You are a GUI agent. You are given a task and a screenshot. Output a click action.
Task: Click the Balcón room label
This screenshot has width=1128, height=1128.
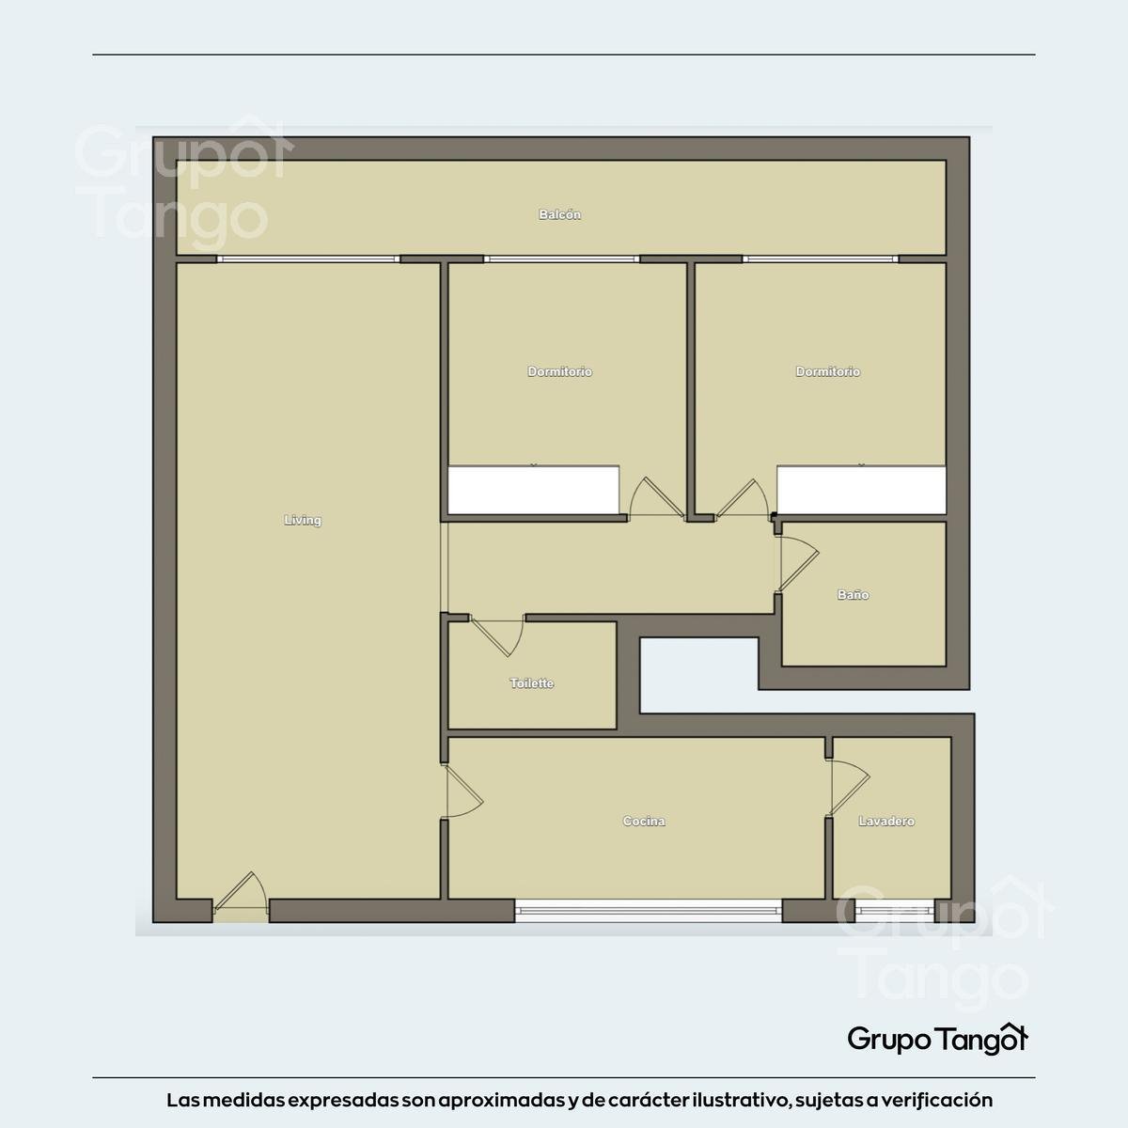[x=559, y=215]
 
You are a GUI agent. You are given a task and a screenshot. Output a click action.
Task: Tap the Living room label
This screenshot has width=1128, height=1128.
[x=303, y=520]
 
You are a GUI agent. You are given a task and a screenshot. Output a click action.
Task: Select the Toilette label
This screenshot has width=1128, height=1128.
[x=531, y=683]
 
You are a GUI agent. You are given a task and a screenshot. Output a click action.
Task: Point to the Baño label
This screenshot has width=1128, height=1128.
[x=853, y=595]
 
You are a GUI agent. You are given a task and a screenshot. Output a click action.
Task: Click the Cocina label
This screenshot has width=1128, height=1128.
[x=644, y=822]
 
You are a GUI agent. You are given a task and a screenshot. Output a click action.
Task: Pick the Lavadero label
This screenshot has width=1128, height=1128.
[x=886, y=822]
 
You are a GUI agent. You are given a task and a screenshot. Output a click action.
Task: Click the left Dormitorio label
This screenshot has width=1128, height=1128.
[x=559, y=371]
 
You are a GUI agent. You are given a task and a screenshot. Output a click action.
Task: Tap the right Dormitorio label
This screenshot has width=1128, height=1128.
[x=828, y=371]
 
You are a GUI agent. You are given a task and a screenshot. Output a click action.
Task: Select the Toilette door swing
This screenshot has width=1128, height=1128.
[x=497, y=636]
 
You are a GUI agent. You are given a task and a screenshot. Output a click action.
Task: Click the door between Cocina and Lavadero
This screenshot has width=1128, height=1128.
[x=849, y=788]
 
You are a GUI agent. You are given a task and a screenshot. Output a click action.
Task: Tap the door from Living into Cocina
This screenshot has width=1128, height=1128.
[x=463, y=791]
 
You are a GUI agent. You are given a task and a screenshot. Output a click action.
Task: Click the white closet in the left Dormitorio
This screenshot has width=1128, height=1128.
[x=533, y=490]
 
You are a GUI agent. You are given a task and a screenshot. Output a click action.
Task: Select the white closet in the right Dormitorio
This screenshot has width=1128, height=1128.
[x=861, y=490]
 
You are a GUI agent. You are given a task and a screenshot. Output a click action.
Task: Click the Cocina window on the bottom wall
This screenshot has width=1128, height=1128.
[x=648, y=910]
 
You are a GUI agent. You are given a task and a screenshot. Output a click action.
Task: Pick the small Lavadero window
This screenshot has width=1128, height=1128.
[x=894, y=910]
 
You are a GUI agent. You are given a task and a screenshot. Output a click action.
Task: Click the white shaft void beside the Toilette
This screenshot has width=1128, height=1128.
[x=699, y=675]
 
